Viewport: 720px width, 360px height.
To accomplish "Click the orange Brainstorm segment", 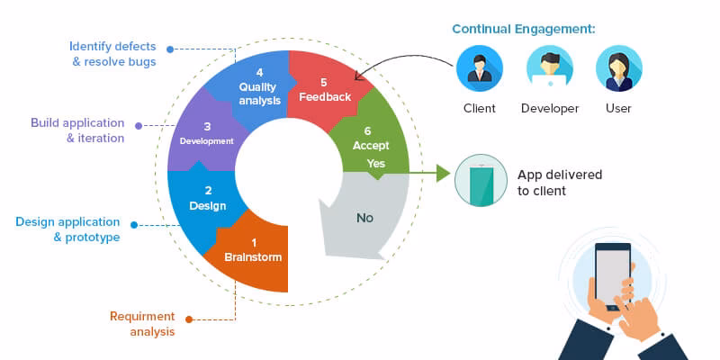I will pyautogui.click(x=253, y=252).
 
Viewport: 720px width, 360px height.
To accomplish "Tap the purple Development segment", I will pyautogui.click(x=206, y=135).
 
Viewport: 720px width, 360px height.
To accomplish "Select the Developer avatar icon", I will pyautogui.click(x=549, y=70).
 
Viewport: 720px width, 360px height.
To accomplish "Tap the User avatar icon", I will pyautogui.click(x=618, y=70).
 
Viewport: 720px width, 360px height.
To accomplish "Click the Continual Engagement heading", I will pyautogui.click(x=523, y=30).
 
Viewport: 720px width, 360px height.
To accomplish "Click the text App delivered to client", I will pyautogui.click(x=560, y=183).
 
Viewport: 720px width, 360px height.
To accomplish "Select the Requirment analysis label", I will pyautogui.click(x=142, y=324).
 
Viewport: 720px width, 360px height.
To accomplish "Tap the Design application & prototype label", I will pyautogui.click(x=67, y=229).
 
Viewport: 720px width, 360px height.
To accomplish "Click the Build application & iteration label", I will pyautogui.click(x=77, y=130).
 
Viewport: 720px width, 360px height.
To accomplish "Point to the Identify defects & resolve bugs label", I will pyautogui.click(x=112, y=54).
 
